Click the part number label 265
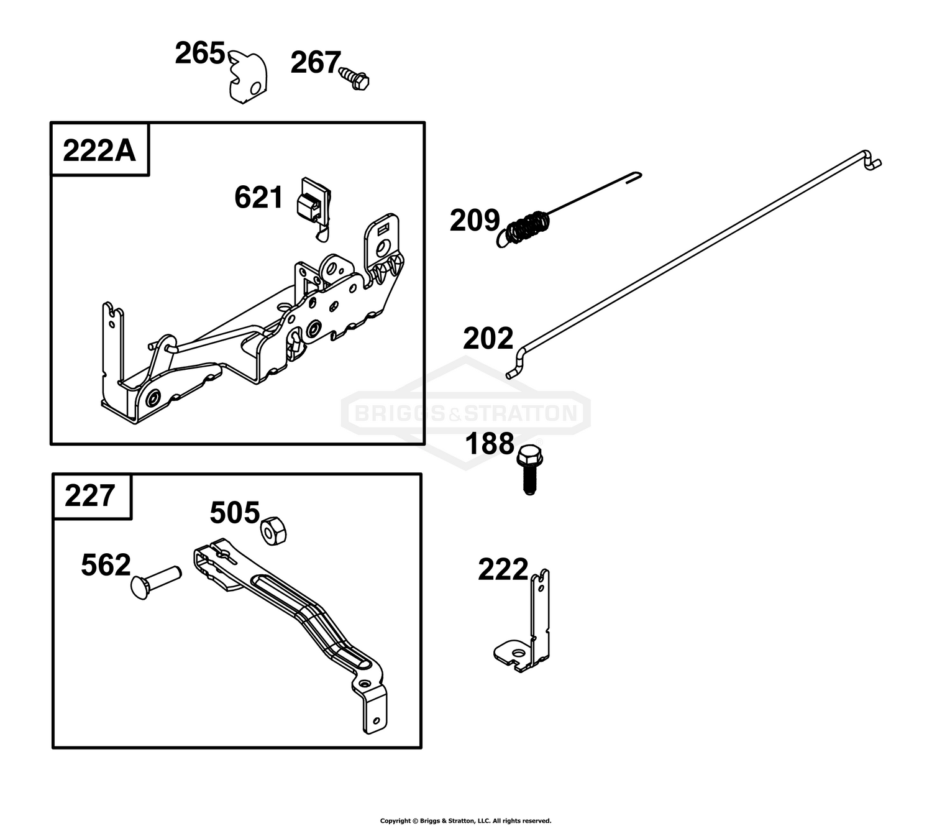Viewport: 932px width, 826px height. click(199, 53)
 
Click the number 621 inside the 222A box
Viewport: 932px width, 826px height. click(258, 198)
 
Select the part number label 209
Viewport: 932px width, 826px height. click(475, 220)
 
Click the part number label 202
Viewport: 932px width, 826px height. click(488, 338)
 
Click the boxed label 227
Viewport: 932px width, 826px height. click(89, 495)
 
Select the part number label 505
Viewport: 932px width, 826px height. click(235, 513)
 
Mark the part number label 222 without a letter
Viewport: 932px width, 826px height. click(503, 569)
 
